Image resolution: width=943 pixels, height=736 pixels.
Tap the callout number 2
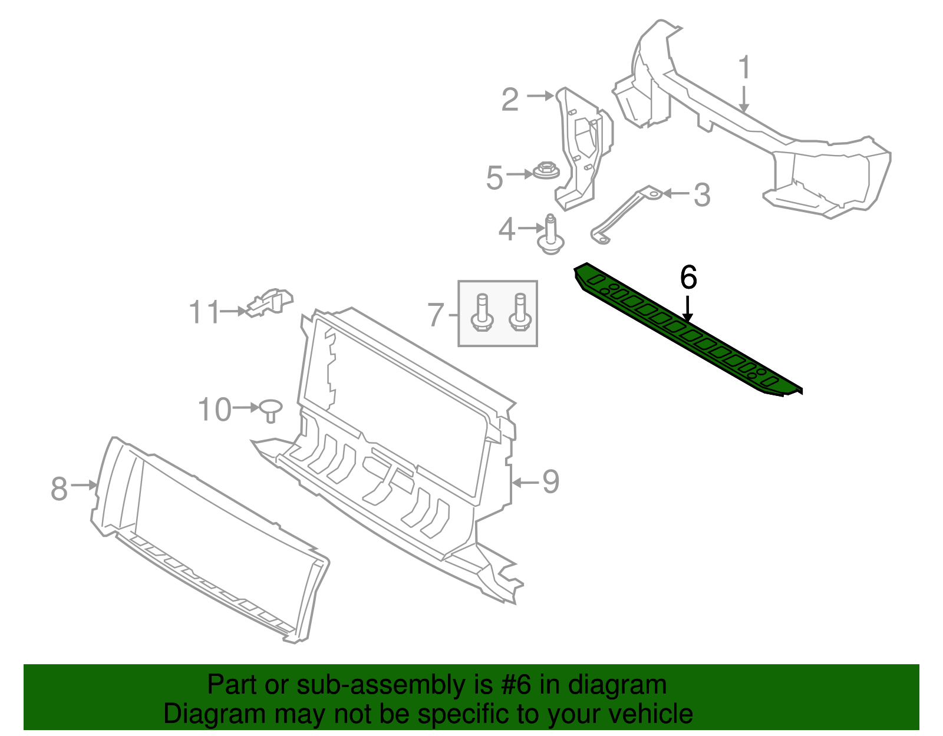point(510,100)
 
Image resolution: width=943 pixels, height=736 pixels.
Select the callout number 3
point(702,195)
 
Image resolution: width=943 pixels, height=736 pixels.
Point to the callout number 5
point(494,178)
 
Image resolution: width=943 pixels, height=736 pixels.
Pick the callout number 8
point(60,489)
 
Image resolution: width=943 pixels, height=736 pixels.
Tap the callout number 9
point(551,481)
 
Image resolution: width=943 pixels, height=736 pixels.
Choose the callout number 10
point(215,410)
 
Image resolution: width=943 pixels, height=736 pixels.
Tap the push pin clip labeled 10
point(271,411)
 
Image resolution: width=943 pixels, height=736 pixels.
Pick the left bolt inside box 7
point(482,312)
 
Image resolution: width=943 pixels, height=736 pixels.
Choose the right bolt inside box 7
point(520,312)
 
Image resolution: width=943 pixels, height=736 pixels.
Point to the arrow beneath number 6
point(687,309)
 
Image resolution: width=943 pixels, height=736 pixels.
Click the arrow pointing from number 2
point(540,95)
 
